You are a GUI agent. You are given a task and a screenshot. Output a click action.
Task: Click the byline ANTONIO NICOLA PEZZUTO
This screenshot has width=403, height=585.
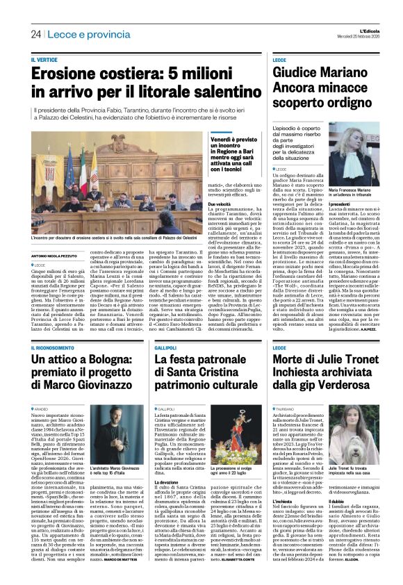[x=58, y=256]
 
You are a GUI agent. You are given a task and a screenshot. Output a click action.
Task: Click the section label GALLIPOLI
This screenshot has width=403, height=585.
[x=167, y=346]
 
